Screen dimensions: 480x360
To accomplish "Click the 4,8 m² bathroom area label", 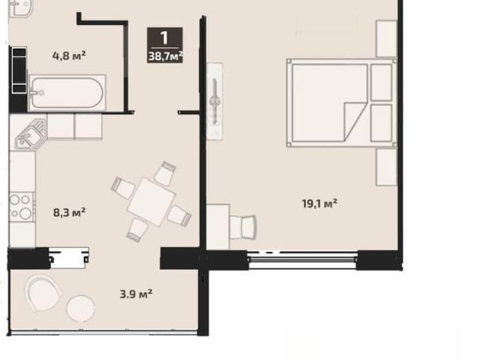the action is (69, 56).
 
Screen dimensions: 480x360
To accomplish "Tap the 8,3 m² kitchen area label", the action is (70, 212).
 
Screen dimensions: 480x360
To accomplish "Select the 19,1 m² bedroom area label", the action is (319, 203).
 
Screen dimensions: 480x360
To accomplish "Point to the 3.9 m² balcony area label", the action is (136, 294).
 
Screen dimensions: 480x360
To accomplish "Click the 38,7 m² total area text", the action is (166, 56).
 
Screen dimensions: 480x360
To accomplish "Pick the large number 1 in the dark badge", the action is (165, 38).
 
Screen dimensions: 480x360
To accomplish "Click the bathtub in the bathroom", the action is (67, 92).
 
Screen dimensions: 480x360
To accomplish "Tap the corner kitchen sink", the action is (30, 135).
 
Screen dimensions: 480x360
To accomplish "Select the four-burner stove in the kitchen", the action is (22, 207).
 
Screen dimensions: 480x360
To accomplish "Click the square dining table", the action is (151, 202).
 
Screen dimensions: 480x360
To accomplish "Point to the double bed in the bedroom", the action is (342, 103).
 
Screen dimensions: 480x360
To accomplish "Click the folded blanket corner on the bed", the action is (355, 121).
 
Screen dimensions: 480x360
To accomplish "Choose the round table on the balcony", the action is (81, 308).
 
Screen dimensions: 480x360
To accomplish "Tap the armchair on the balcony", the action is (43, 293).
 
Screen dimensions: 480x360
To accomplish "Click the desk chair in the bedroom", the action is (243, 227).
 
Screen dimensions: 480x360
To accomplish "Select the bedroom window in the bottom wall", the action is (303, 260).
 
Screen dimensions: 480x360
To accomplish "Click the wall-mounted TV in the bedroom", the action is (214, 101).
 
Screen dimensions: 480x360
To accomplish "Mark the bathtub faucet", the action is (36, 92).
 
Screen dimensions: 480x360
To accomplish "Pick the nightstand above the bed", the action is (386, 38).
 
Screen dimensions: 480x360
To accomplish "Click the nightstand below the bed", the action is (386, 167).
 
